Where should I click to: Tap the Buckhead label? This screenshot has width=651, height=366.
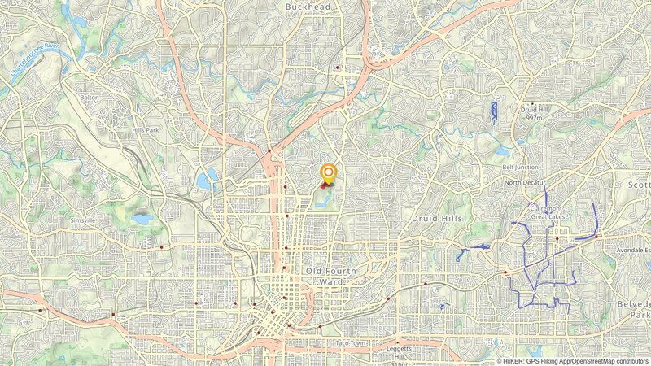pyautogui.click(x=307, y=6)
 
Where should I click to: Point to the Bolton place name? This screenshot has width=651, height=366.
pyautogui.click(x=90, y=98)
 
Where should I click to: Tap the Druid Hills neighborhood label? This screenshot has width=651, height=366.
pyautogui.click(x=427, y=219)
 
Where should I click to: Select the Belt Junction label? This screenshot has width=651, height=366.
pyautogui.click(x=521, y=167)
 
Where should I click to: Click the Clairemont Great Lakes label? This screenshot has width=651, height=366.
pyautogui.click(x=546, y=212)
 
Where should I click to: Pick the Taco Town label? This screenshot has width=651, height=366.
pyautogui.click(x=353, y=344)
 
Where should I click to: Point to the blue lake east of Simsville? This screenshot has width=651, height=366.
pyautogui.click(x=142, y=219)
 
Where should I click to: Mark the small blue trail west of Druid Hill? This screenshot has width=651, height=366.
pyautogui.click(x=494, y=111)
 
